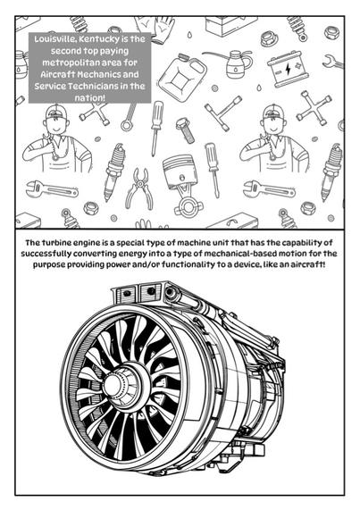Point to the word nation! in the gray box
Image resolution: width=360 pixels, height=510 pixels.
(89, 98)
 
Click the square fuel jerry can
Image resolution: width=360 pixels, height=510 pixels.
(183, 73)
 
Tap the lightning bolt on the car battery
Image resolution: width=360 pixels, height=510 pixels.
(288, 69)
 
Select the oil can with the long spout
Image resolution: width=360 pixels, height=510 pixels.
(232, 63)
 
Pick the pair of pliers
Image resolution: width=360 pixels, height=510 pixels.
(140, 188)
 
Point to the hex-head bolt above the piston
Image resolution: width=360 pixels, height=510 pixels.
(186, 130)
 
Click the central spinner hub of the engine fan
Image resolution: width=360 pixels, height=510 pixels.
(114, 385)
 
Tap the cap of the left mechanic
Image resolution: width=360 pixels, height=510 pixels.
(55, 113)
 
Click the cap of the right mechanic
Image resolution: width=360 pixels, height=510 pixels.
(273, 113)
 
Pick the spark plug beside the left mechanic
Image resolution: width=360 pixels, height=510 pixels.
(113, 171)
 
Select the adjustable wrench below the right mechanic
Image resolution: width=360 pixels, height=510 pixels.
(269, 189)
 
